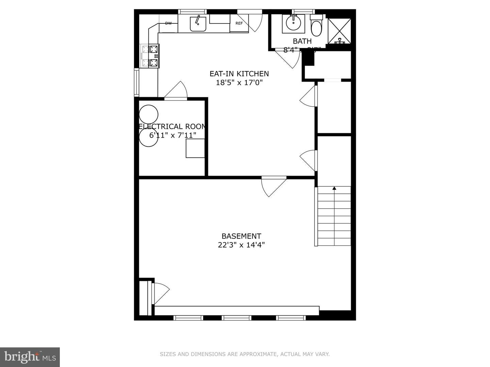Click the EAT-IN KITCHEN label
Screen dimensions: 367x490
[239, 74]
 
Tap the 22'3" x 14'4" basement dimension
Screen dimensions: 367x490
[241, 245]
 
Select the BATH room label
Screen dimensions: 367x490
[302, 41]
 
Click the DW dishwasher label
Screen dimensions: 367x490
[168, 23]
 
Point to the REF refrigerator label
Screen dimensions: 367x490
[239, 23]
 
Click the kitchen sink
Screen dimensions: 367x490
[198, 24]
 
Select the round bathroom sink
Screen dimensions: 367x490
[293, 23]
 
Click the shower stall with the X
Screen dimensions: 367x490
[339, 31]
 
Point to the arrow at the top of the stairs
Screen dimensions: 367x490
[334, 188]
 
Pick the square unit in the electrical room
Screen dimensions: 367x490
[195, 148]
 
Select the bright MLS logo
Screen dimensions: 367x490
[30, 357]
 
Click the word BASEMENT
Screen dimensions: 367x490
[241, 236]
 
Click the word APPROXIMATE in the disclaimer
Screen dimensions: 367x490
[258, 354]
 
